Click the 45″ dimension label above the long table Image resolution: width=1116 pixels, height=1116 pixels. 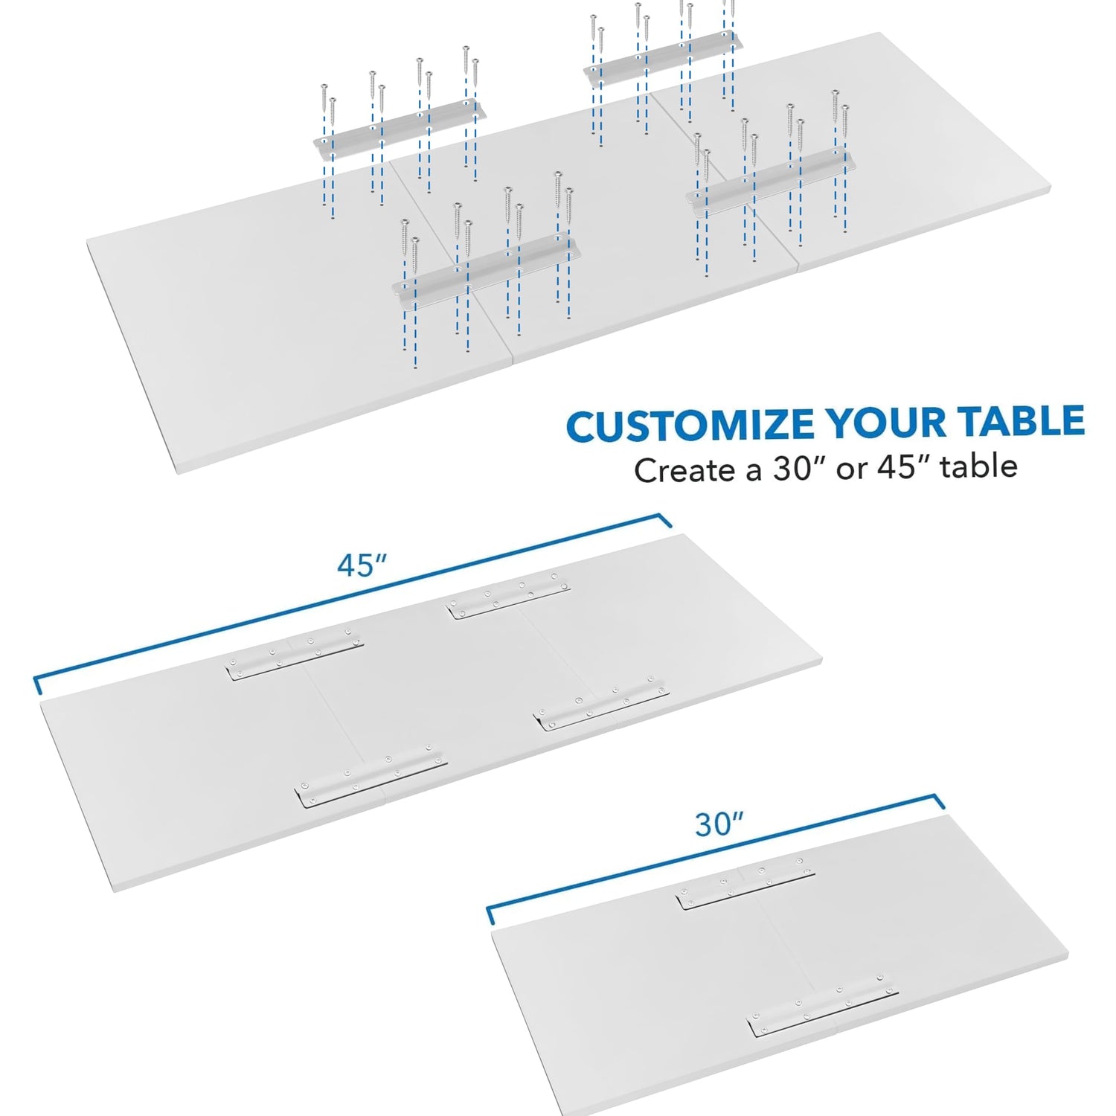(x=362, y=565)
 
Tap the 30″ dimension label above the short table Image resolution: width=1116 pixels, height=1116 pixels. (x=719, y=824)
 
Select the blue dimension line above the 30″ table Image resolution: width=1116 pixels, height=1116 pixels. (x=714, y=856)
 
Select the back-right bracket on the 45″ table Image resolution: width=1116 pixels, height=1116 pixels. (x=508, y=596)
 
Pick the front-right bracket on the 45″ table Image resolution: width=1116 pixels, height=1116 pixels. (x=601, y=704)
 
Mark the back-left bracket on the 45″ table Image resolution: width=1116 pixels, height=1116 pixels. (x=294, y=655)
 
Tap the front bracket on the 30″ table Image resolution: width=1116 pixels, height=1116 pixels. (x=822, y=1005)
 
